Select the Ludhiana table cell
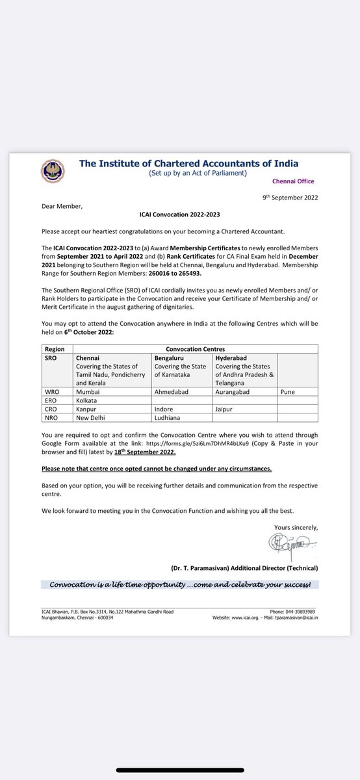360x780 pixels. point(168,417)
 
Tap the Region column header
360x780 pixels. point(54,349)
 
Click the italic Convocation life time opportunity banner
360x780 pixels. point(181,584)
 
